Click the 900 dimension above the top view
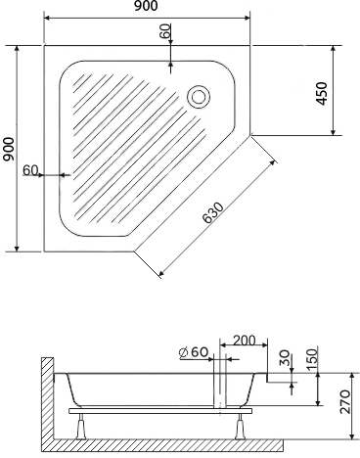click(146, 6)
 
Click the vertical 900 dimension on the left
click(9, 149)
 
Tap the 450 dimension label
click(322, 94)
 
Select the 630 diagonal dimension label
click(213, 213)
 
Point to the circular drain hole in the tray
click(199, 97)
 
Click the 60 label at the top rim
click(165, 31)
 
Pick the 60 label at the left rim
click(30, 170)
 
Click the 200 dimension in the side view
click(245, 341)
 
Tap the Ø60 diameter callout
click(194, 352)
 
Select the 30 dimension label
click(285, 358)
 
